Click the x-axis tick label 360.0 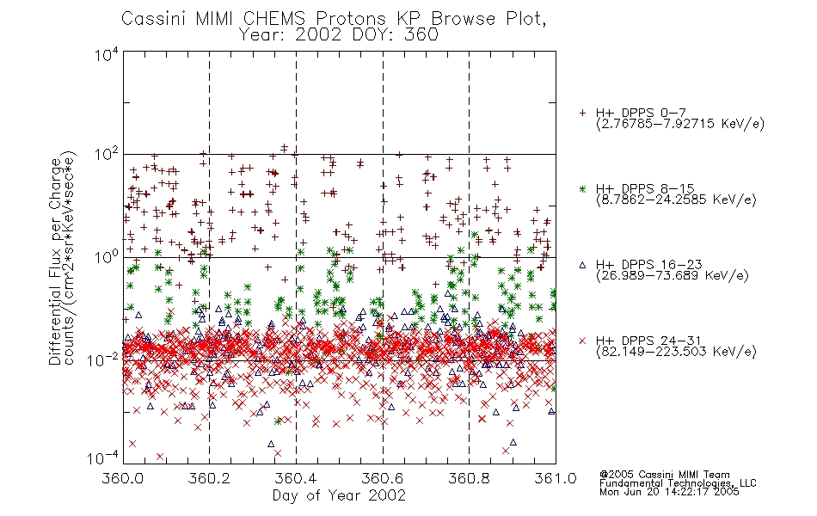[x=123, y=478]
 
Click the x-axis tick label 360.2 [x=210, y=478]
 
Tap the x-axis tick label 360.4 [x=296, y=478]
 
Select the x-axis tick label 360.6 [x=383, y=478]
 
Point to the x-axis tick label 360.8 [x=469, y=478]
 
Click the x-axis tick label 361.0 [x=556, y=478]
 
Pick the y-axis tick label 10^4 [x=107, y=54]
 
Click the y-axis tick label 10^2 [x=107, y=155]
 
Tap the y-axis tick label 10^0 [x=107, y=257]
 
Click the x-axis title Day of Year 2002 [x=339, y=495]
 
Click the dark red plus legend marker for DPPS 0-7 [x=582, y=113]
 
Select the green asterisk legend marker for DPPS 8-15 [x=582, y=189]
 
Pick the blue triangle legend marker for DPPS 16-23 [x=582, y=265]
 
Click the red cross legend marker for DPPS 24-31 [x=582, y=341]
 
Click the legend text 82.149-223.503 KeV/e [x=676, y=352]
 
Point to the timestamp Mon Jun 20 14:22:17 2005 [x=669, y=492]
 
